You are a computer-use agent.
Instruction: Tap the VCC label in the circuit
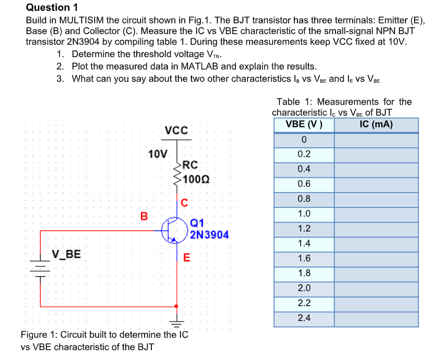click(x=177, y=130)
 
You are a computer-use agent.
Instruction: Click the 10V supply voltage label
click(x=158, y=154)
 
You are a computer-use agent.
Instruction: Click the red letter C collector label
click(x=184, y=202)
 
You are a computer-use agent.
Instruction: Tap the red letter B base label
click(x=144, y=215)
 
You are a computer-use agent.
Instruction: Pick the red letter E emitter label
click(x=187, y=258)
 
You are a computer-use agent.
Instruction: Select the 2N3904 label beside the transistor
click(x=209, y=235)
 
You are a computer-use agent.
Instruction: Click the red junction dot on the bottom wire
click(x=178, y=306)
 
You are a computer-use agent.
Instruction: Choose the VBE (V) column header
click(x=304, y=125)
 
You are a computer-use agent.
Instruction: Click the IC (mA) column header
click(x=376, y=125)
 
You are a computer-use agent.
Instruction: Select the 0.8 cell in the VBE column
click(x=304, y=199)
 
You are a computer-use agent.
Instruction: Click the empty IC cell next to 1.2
click(x=376, y=228)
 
